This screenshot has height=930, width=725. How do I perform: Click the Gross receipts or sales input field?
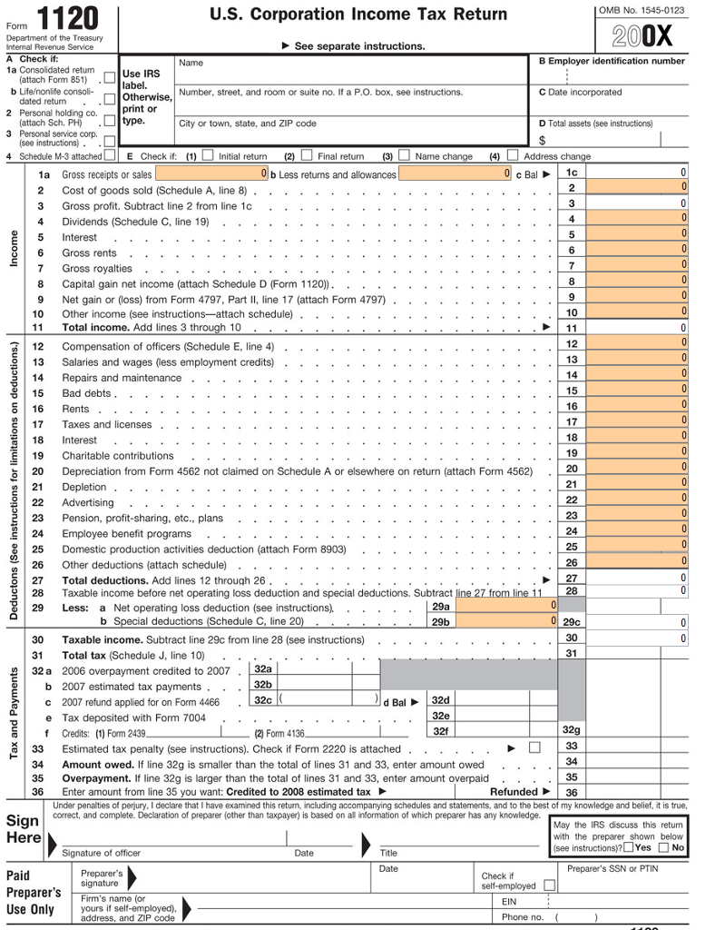(211, 173)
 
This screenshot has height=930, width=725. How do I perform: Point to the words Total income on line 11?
(94, 328)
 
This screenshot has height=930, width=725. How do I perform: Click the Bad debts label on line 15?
(86, 393)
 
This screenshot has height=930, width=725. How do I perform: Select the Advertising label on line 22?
(88, 502)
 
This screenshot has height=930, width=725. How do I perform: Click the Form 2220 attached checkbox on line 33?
(534, 747)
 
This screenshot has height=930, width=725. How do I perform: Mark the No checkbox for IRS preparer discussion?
(664, 847)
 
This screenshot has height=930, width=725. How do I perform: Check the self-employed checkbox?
(549, 885)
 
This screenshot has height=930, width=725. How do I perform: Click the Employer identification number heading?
(612, 61)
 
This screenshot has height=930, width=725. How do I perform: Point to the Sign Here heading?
(23, 828)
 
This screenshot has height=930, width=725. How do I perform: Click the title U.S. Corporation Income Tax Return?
(358, 15)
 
